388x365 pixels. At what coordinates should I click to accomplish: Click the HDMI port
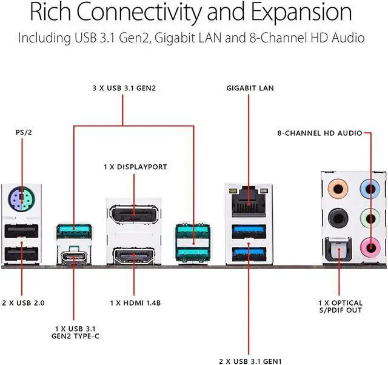pyautogui.click(x=135, y=255)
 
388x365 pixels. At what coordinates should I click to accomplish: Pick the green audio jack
pyautogui.click(x=367, y=216)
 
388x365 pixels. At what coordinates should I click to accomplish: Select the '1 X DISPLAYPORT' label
pyautogui.click(x=135, y=167)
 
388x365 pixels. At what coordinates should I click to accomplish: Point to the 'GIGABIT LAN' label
pyautogui.click(x=250, y=88)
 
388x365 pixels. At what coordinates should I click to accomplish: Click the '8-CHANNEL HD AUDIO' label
pyautogui.click(x=319, y=132)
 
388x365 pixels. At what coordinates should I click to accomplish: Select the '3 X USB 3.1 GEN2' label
pyautogui.click(x=124, y=88)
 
